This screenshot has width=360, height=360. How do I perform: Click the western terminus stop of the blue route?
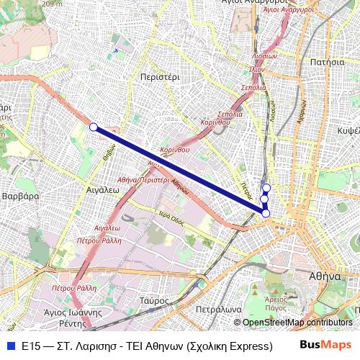93,127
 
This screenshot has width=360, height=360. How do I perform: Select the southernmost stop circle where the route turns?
266,213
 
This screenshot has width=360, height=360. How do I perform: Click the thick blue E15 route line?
180,170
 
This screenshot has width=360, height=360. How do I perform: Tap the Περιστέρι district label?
159,75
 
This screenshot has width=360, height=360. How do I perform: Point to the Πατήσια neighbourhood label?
326,62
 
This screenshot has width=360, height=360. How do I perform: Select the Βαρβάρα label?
19,195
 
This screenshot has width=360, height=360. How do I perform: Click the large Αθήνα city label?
323,276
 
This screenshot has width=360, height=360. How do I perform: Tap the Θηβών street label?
108,156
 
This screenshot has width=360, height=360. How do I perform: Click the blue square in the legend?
10,346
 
